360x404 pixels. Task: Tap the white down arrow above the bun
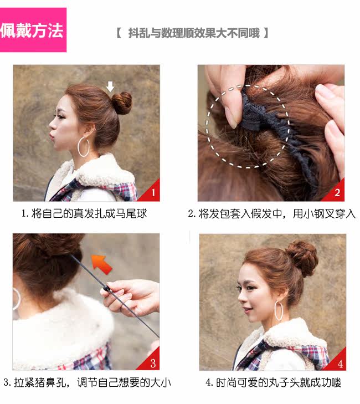[x=110, y=86]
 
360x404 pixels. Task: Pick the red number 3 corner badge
[x=150, y=361]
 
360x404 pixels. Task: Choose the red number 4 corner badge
[x=337, y=361]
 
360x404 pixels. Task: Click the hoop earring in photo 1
[x=84, y=147]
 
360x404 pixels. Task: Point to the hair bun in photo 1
[x=122, y=103]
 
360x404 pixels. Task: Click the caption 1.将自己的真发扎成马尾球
[x=84, y=213]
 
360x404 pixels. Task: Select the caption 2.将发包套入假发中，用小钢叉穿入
[x=271, y=213]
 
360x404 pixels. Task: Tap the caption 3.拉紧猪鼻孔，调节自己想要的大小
[x=87, y=382]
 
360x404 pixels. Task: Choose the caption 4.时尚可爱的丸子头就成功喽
[x=274, y=382]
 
